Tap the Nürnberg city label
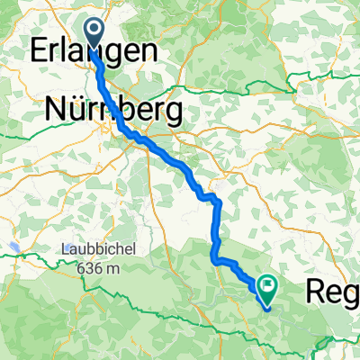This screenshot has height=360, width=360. point(113,111)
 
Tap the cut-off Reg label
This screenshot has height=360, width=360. point(333,290)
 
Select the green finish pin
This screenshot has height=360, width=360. point(267,286)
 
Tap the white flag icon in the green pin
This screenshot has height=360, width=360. point(267,285)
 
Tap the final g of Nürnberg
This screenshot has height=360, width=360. point(170,114)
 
